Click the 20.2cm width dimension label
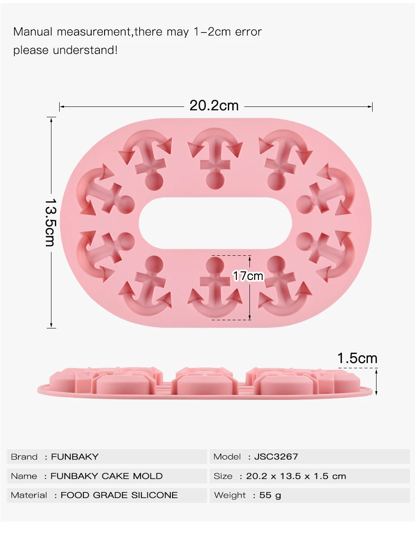(x=214, y=106)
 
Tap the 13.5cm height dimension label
(x=51, y=222)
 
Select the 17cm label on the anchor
(x=248, y=276)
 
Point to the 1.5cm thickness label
(x=358, y=358)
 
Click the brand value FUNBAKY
(x=75, y=457)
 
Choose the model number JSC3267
(x=276, y=457)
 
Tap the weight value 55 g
(x=270, y=495)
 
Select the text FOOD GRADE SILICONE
(x=119, y=495)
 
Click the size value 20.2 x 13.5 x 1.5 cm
(x=296, y=476)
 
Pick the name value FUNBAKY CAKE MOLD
(x=106, y=476)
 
